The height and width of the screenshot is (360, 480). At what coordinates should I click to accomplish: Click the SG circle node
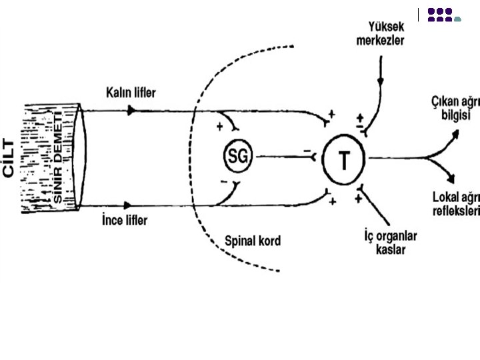coord(237,157)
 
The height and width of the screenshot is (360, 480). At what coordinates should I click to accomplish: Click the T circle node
coord(343,159)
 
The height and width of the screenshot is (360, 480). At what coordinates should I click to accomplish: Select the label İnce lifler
coord(125,219)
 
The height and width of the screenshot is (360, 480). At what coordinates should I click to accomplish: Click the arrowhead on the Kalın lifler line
coord(131,110)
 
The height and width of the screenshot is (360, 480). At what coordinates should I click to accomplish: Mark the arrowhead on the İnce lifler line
coord(131,207)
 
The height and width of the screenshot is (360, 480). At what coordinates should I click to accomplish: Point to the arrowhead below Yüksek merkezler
coord(381,83)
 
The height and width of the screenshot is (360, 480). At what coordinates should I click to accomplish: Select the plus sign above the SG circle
coord(219,126)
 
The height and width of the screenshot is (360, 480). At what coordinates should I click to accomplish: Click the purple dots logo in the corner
coord(442,15)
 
